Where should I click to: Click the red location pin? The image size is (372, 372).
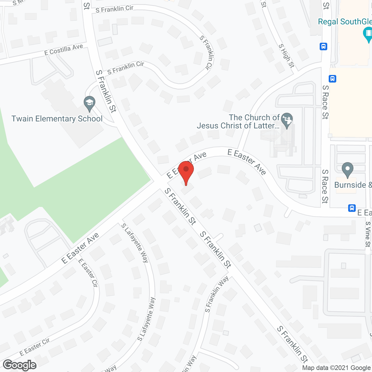click(x=186, y=171)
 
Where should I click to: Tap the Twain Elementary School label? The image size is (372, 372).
click(x=57, y=119)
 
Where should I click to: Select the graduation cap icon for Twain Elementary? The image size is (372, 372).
click(x=90, y=103)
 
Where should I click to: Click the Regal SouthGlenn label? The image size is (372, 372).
click(x=345, y=22)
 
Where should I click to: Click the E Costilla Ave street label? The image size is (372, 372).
click(x=64, y=50)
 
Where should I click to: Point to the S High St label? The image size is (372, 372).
click(x=287, y=56)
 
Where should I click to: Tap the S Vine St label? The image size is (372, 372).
click(x=368, y=234)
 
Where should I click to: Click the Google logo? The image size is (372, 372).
click(x=20, y=365)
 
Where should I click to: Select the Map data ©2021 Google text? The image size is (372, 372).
click(x=337, y=368)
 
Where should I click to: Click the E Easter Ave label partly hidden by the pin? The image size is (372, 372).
click(x=187, y=165)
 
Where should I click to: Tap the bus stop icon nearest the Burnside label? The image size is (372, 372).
click(x=352, y=208)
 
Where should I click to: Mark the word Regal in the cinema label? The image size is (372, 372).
click(x=328, y=22)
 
